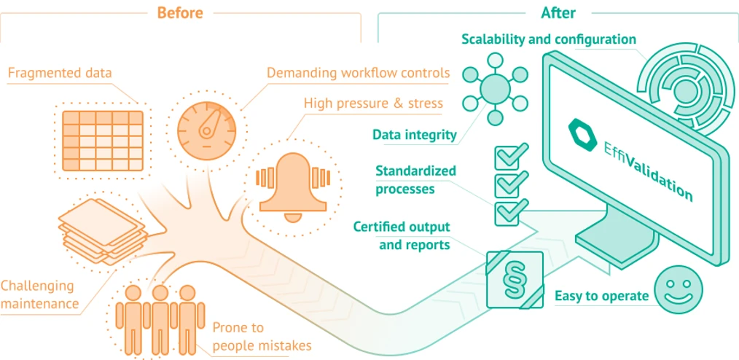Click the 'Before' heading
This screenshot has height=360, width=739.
point(180,13)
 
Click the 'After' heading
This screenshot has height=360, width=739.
point(558,13)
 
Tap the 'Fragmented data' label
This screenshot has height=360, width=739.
point(60,73)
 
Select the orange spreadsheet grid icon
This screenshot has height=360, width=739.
point(102,140)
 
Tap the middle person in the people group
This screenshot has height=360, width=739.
point(160,318)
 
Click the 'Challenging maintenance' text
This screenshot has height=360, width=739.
point(38,294)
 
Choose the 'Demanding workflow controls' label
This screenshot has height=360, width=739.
point(358,73)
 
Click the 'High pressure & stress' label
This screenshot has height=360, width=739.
point(373,103)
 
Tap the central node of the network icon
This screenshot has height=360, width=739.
point(495,88)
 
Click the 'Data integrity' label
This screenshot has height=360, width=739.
point(414,134)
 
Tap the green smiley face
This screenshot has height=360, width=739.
point(678,289)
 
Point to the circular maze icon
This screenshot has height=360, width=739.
point(685,91)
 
